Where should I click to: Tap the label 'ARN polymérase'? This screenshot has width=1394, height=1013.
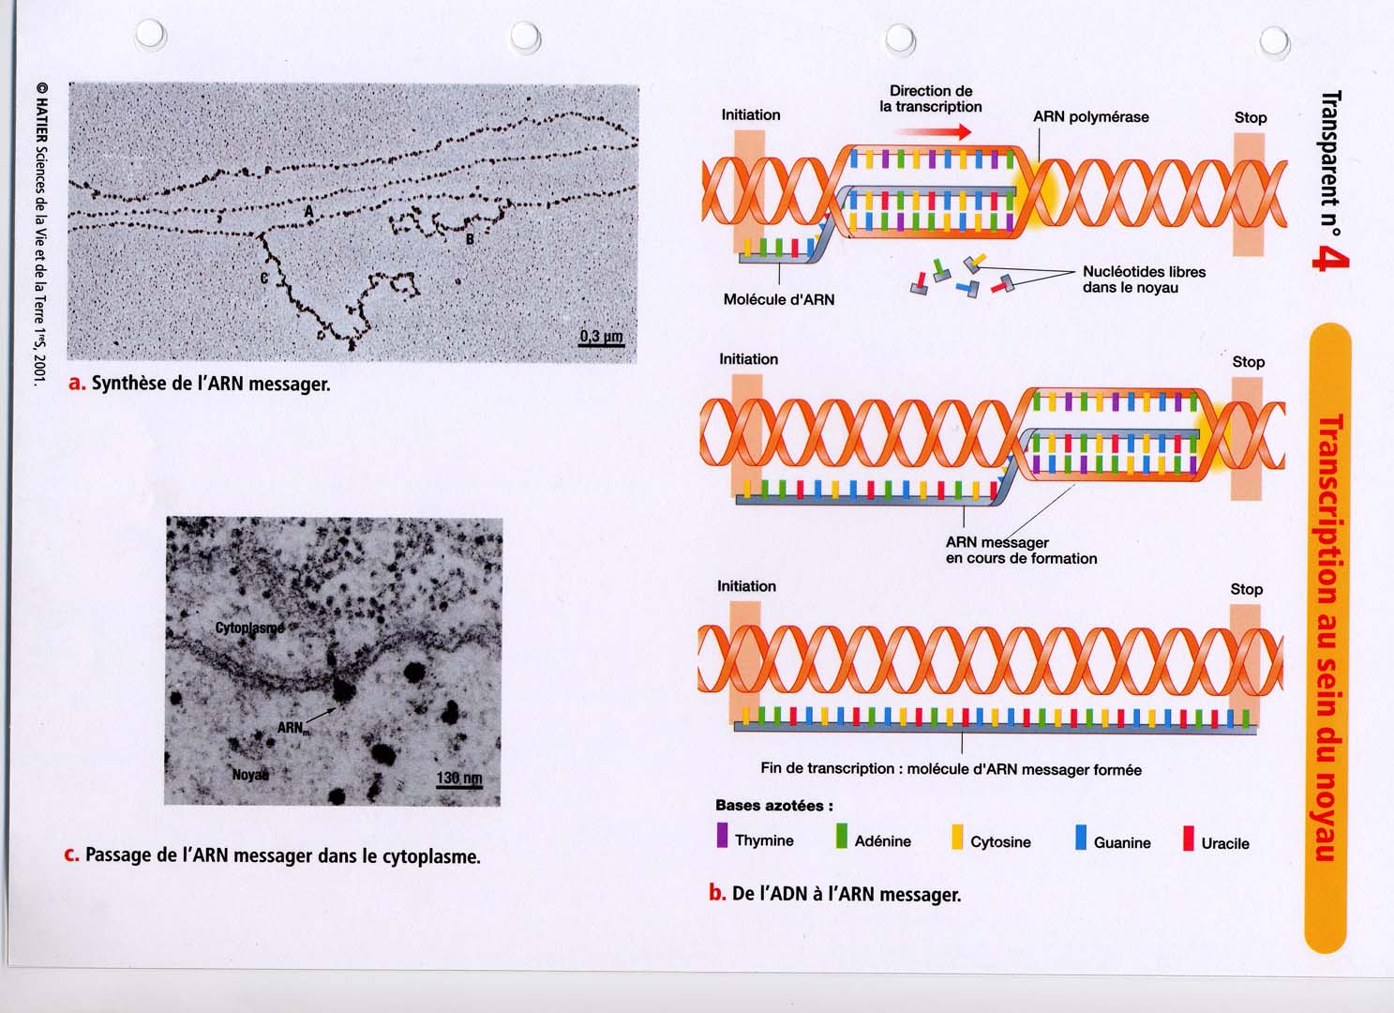click(1091, 117)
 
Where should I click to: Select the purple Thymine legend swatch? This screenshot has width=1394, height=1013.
click(722, 835)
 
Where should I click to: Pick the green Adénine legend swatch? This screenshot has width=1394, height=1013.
click(842, 836)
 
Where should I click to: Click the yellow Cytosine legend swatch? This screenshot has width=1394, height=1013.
click(957, 837)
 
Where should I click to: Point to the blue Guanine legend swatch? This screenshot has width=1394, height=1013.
click(1081, 838)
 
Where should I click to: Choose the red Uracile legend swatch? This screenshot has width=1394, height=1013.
click(1189, 838)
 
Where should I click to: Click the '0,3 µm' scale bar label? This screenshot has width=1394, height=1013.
click(601, 336)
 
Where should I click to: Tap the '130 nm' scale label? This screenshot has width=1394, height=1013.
click(459, 778)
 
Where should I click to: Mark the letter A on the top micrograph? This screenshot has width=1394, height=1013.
click(309, 212)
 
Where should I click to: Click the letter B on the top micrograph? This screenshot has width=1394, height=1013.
click(470, 239)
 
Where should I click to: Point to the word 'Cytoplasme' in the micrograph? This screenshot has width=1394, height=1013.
click(249, 627)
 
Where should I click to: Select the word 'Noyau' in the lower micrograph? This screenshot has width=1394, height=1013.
click(250, 775)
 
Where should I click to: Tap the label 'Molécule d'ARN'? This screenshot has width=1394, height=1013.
click(778, 299)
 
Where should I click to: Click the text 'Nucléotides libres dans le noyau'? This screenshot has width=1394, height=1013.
click(1144, 280)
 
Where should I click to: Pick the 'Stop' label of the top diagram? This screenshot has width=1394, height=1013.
click(1251, 117)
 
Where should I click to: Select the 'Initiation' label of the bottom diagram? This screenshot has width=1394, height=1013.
click(746, 586)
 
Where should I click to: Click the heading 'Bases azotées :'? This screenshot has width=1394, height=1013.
click(774, 805)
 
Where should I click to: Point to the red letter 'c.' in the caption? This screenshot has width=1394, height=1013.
click(72, 854)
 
